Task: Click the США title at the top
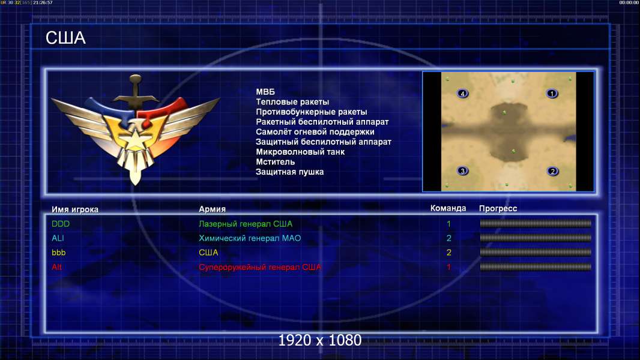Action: click(x=65, y=38)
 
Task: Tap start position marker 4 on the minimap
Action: click(x=462, y=94)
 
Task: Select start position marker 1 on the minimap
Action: click(x=552, y=94)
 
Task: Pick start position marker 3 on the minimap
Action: click(x=462, y=171)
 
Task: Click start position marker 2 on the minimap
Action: click(x=553, y=171)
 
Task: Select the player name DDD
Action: click(x=61, y=224)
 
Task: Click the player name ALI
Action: click(x=58, y=238)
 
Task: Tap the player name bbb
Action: click(x=58, y=253)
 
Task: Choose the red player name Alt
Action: click(x=56, y=267)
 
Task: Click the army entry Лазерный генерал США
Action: click(x=246, y=224)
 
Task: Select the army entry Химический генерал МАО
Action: click(x=249, y=238)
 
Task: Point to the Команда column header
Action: click(x=448, y=208)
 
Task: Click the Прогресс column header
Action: click(x=498, y=209)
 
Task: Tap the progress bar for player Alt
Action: click(x=536, y=267)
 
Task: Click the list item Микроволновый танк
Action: click(x=300, y=152)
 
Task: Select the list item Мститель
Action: click(x=275, y=162)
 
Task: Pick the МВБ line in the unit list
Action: click(x=265, y=92)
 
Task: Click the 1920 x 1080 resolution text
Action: click(x=319, y=340)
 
